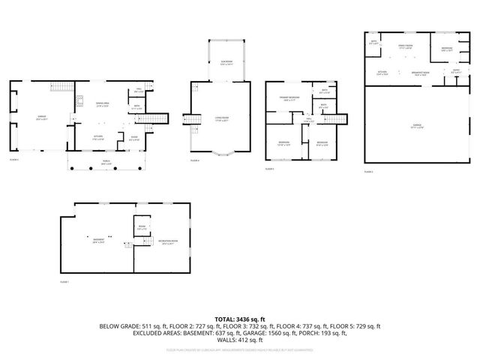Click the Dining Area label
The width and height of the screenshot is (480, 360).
pos(103,106)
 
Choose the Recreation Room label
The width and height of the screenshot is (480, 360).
pos(166,242)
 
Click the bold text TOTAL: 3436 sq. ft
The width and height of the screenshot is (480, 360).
pos(240,319)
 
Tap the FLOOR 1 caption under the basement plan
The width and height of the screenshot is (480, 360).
pos(64,282)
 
